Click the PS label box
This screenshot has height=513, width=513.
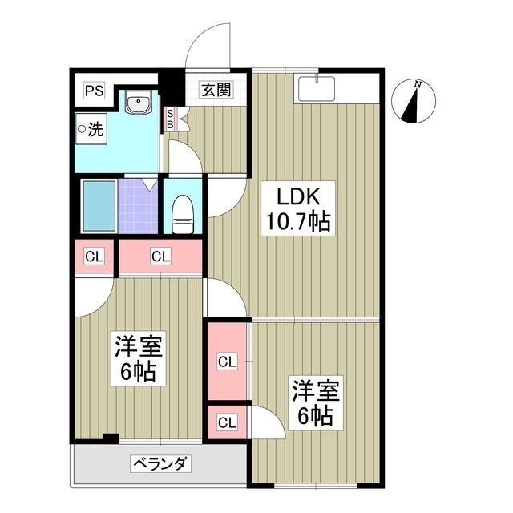95,90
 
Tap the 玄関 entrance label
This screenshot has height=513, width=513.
214,90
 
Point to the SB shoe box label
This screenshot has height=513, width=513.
169,119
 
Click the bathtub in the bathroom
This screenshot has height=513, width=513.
99,205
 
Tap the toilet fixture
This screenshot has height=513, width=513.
184,210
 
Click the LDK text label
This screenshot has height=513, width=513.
299,196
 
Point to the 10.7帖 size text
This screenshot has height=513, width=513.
299,222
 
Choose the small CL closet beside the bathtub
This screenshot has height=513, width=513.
95,257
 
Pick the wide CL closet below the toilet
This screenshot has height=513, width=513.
160,257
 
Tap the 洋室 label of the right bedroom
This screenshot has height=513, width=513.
314,390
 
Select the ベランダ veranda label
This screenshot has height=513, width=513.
160,463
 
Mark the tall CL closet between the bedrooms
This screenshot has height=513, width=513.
227,361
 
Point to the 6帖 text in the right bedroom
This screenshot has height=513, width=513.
314,416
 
